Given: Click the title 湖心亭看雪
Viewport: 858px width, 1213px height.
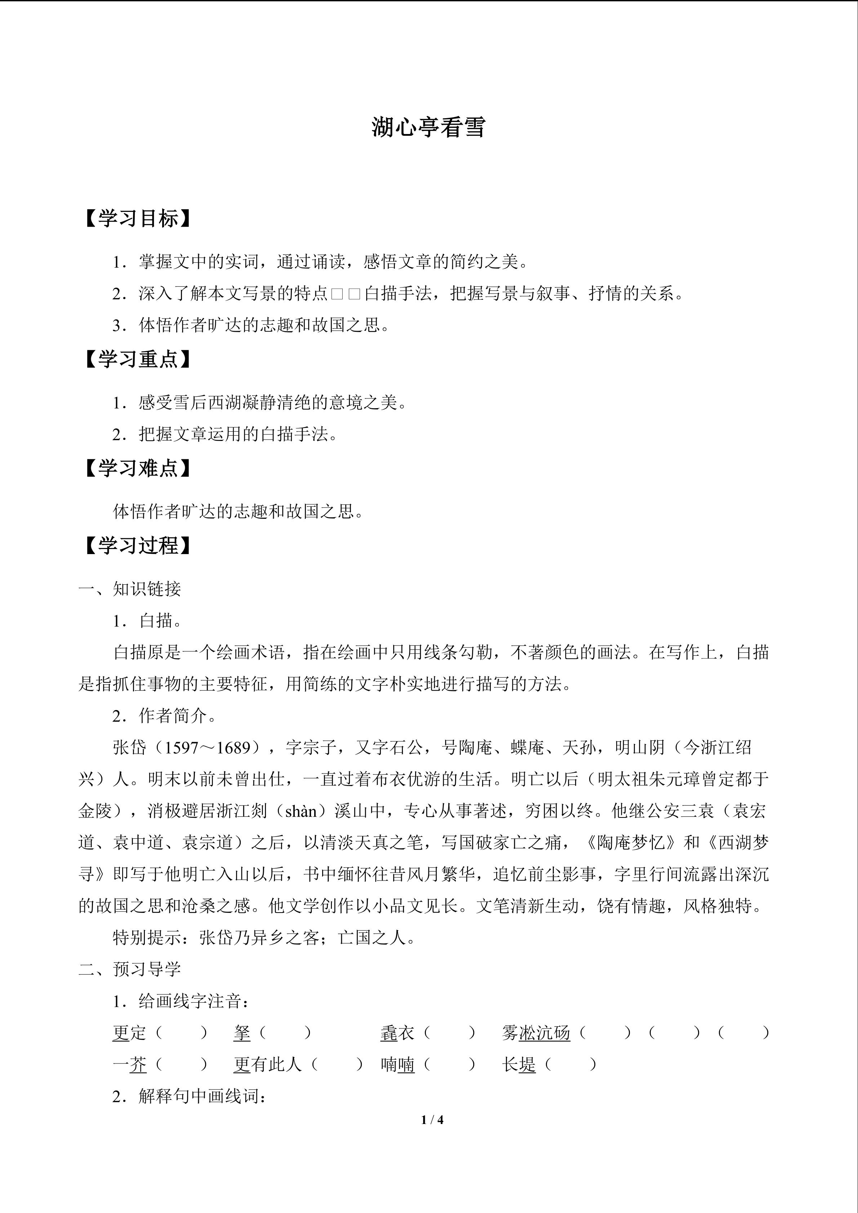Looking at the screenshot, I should coord(428,127).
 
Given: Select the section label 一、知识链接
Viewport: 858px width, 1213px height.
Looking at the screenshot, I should coord(129,589).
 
